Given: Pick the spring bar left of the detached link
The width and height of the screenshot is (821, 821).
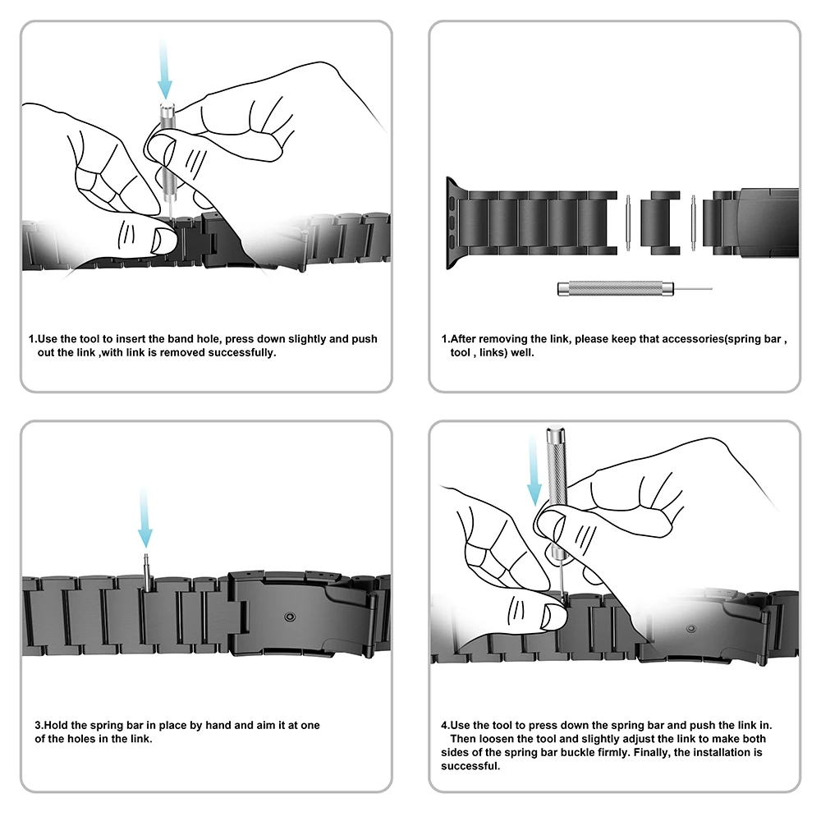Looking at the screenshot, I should tap(627, 222).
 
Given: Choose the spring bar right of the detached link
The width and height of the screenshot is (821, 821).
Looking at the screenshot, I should tap(693, 222).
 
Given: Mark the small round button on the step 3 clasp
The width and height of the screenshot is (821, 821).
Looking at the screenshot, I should tap(288, 615).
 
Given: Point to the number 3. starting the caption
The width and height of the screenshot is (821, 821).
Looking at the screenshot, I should tap(39, 725).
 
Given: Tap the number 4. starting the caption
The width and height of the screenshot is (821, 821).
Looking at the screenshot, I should tap(446, 725).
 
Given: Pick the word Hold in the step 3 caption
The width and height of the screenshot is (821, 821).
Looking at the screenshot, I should tap(57, 725).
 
